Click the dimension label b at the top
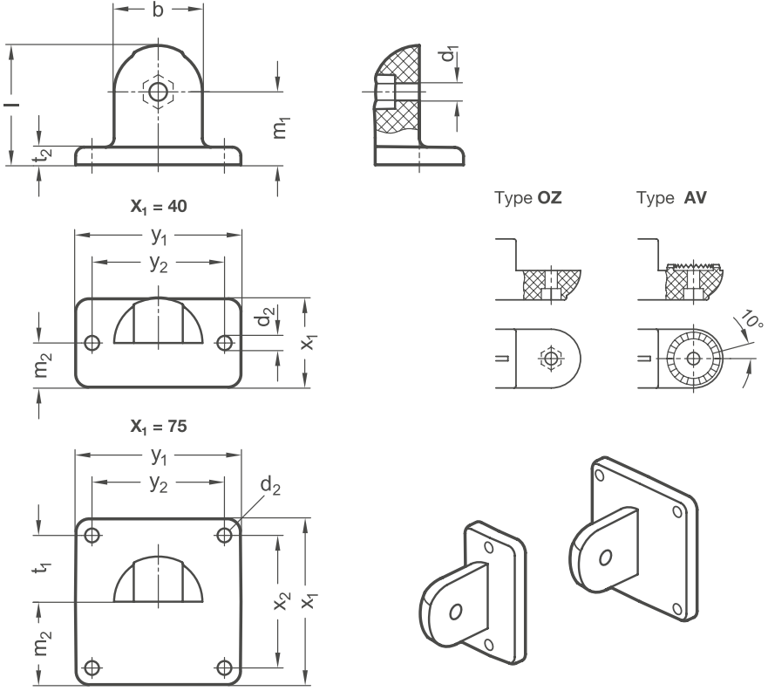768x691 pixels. (158, 10)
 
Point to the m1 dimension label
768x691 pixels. (281, 128)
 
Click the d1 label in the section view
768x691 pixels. (449, 53)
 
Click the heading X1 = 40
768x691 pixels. (159, 206)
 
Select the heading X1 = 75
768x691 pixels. (159, 427)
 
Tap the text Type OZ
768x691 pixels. (528, 197)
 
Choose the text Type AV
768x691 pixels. (671, 197)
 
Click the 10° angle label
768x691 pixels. (751, 319)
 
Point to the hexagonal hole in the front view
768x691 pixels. (158, 91)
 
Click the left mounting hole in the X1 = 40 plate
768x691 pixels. (92, 343)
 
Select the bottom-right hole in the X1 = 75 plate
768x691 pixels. (224, 667)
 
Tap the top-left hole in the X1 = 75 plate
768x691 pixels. (92, 535)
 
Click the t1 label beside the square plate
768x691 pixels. (42, 569)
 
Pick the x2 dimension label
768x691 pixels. (282, 601)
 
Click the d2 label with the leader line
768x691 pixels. (270, 486)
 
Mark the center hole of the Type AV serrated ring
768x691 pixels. (694, 359)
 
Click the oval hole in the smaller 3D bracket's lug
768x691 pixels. (455, 612)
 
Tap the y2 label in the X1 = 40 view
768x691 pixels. (159, 263)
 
